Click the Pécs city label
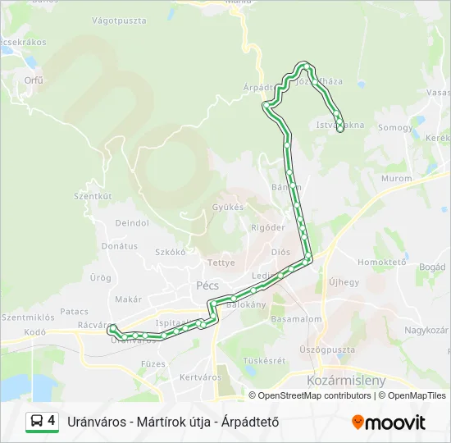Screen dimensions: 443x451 pos(205,285)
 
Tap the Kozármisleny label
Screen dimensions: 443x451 pos(345,381)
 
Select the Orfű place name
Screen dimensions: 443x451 pos(34,80)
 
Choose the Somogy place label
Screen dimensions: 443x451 pos(395,128)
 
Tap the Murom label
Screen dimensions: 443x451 pos(397,178)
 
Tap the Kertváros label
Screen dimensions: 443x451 pos(200,377)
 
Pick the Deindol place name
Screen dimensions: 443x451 pos(132,222)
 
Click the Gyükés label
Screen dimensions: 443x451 pos(228,207)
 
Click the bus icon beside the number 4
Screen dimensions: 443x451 pos(37,422)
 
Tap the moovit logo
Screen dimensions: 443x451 pos(389,422)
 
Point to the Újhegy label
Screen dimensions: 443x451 pos(344,282)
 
